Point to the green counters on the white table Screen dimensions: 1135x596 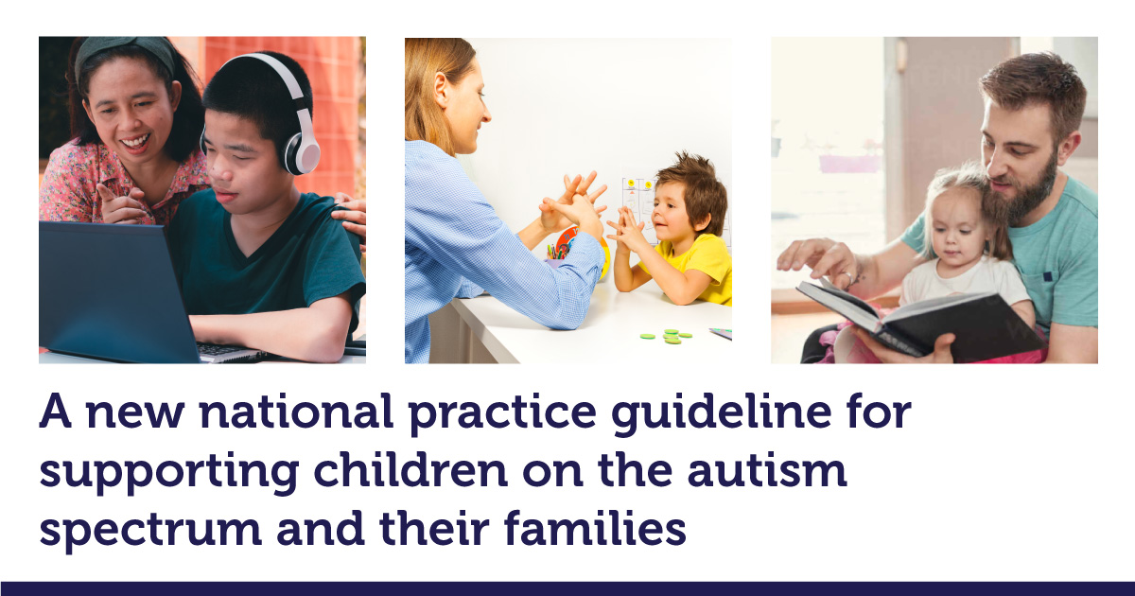tap(668, 337)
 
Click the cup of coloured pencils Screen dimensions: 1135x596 tap(556, 254)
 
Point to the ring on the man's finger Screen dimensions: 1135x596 tap(847, 277)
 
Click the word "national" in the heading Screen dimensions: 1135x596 tap(296, 412)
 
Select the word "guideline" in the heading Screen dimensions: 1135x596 tap(722, 413)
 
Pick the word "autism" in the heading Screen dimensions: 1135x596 tap(767, 471)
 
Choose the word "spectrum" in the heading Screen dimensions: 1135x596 tap(150, 531)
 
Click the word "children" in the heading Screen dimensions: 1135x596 tap(410, 469)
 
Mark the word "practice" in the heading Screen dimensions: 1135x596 tap(502, 413)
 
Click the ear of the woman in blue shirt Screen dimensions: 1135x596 tap(441, 90)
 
